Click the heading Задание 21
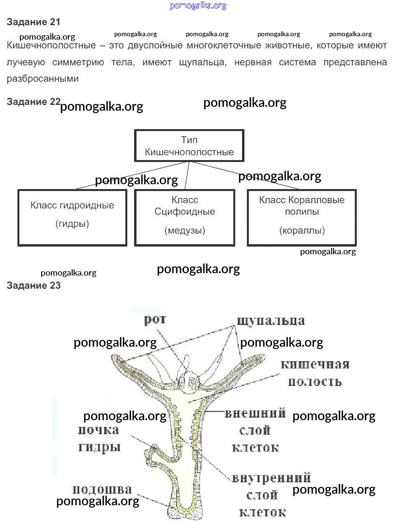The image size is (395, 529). coord(33,22)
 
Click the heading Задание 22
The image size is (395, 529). coord(33,102)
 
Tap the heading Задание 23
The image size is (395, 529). coord(33,285)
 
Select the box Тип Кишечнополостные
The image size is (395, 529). coord(189,146)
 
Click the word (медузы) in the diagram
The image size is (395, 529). coord(184,231)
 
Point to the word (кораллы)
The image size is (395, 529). coord(302,231)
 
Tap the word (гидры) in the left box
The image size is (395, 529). coord(72,224)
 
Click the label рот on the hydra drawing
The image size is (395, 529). coord(155,320)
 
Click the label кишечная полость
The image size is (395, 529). coord(315,372)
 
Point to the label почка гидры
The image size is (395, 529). coord(99,439)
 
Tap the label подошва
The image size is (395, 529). coord(102,489)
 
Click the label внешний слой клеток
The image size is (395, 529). coord(255,430)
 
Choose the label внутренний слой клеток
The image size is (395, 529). coord(271,495)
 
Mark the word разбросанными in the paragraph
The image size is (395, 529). coord(43,78)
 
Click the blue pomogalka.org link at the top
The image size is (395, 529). coord(197,6)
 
